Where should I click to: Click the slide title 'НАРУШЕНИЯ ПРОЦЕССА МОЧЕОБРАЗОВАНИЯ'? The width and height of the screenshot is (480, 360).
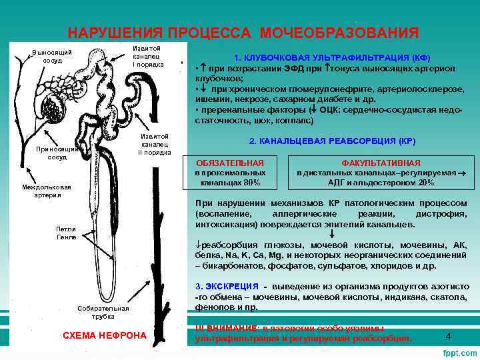(243, 33)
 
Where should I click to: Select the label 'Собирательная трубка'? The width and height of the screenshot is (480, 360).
(103, 313)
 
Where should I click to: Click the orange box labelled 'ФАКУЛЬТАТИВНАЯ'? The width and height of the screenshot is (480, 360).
(381, 163)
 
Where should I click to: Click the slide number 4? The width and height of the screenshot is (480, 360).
(448, 336)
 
